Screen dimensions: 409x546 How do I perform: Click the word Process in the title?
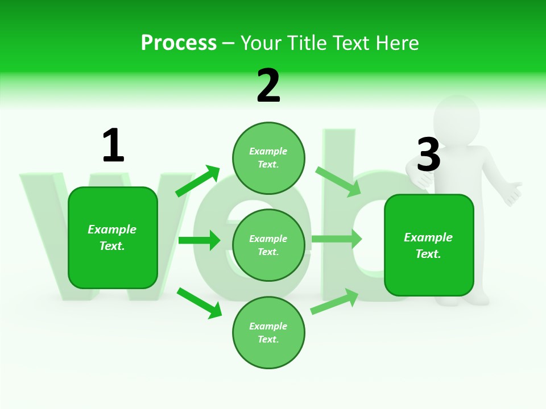point(179,43)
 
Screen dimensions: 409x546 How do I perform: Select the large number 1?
point(113,146)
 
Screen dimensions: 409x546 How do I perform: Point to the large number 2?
point(268,86)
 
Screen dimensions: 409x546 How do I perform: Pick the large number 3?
point(428,155)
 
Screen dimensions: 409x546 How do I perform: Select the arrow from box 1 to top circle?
point(197,181)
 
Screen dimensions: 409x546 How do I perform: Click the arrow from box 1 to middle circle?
point(199,240)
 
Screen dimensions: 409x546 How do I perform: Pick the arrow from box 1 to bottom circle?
point(199,303)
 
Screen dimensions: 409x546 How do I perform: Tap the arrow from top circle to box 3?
point(338,181)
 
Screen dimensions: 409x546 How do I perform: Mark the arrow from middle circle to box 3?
point(337,239)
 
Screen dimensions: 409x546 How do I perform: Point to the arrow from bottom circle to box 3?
point(334,301)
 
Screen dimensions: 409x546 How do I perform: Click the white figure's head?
point(456,116)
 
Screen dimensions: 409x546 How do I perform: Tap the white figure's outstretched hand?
point(512,193)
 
